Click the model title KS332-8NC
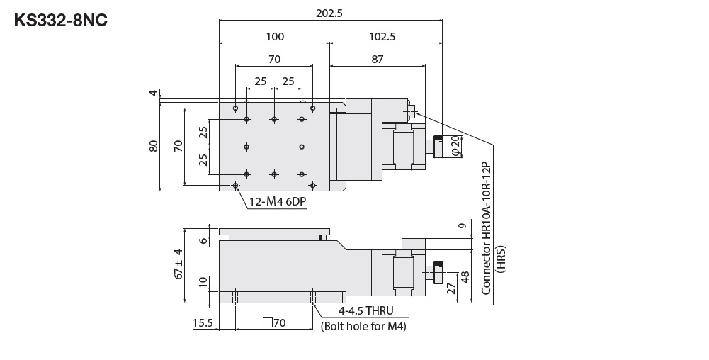pyautogui.click(x=61, y=20)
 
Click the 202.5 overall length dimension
pyautogui.click(x=330, y=12)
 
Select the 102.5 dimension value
pyautogui.click(x=382, y=37)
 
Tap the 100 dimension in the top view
pyautogui.click(x=274, y=37)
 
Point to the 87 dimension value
pyautogui.click(x=377, y=60)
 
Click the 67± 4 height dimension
pyautogui.click(x=178, y=263)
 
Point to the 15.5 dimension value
pyautogui.click(x=203, y=323)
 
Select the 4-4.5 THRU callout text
pyautogui.click(x=365, y=311)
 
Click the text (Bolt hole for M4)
pyautogui.click(x=363, y=326)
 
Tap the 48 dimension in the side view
pyautogui.click(x=465, y=276)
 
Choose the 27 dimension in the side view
pyautogui.click(x=450, y=288)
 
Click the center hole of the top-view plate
pyautogui.click(x=274, y=147)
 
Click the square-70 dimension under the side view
pyautogui.click(x=273, y=323)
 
